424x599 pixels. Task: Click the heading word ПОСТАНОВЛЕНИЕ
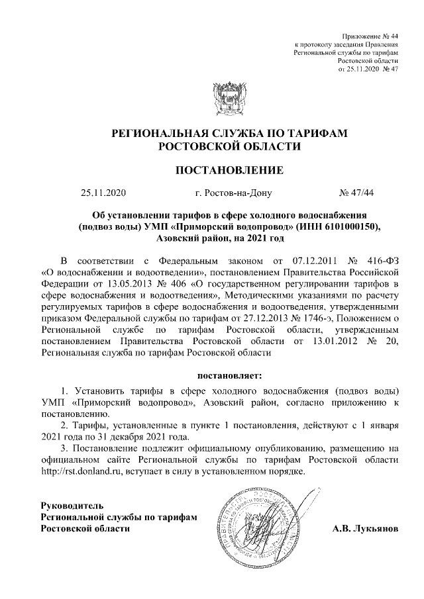[229, 171]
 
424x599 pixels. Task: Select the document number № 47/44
[356, 194]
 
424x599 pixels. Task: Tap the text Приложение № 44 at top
[370, 33]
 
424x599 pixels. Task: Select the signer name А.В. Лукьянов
[365, 530]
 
